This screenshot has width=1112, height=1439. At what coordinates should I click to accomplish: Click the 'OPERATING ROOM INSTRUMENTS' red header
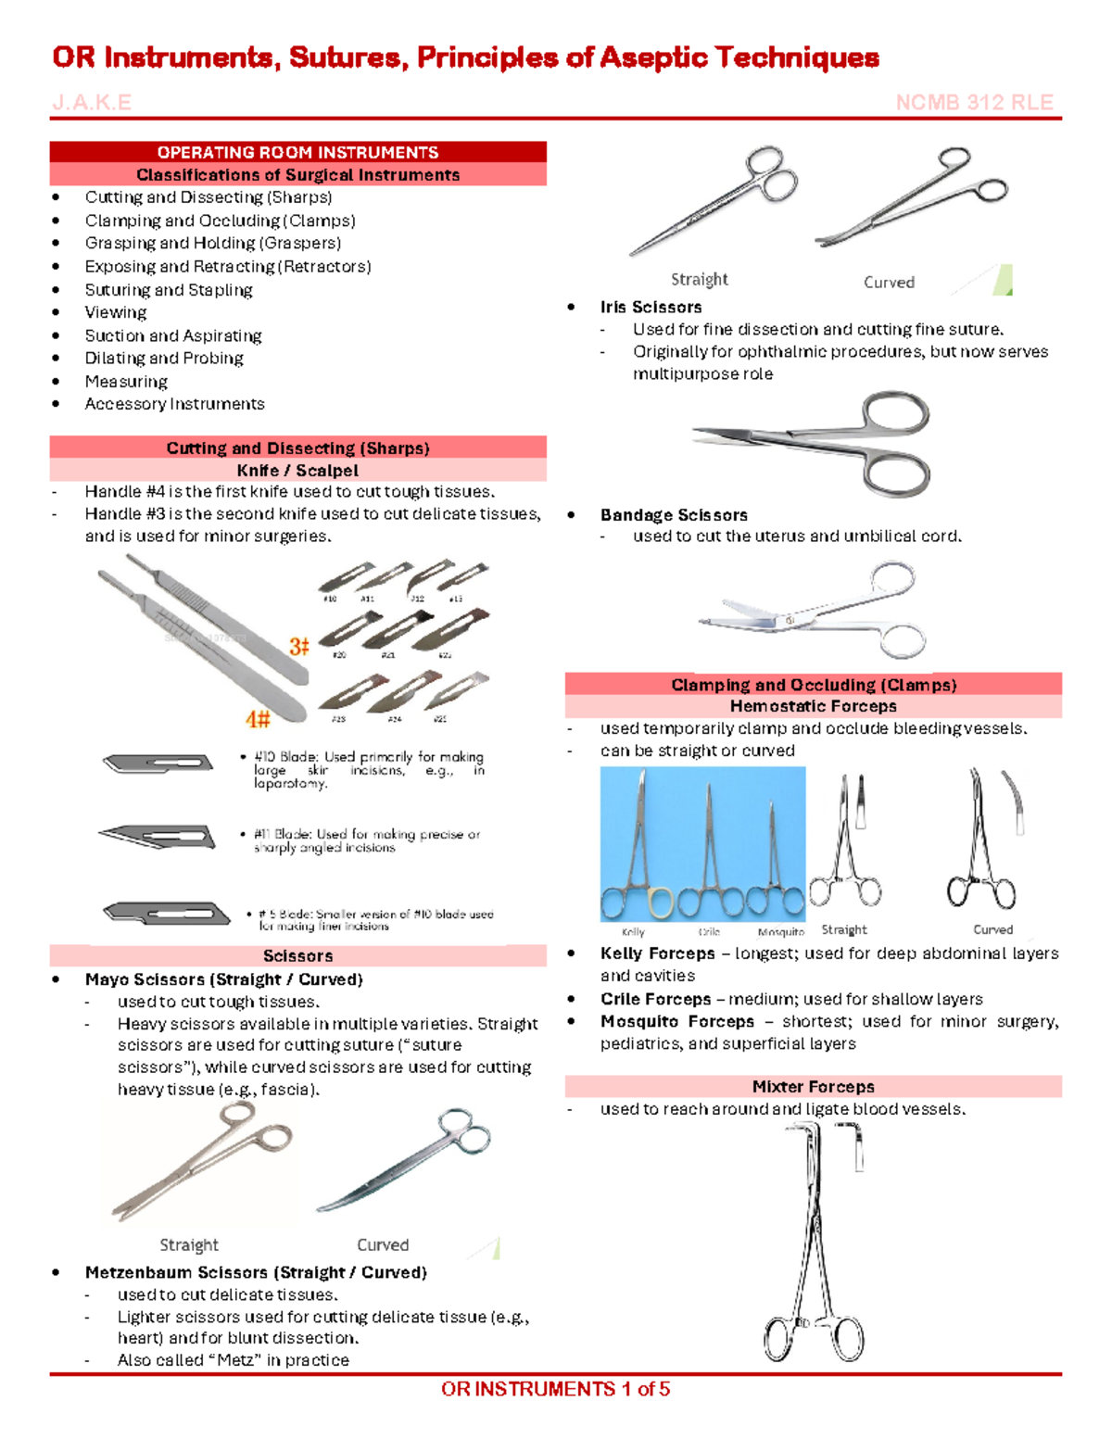[x=297, y=152]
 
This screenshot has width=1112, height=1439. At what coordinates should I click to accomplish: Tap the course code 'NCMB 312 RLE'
[x=974, y=103]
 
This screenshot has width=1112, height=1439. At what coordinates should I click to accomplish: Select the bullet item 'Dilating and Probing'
[x=164, y=359]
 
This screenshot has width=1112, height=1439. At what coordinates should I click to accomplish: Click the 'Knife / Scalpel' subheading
[x=297, y=471]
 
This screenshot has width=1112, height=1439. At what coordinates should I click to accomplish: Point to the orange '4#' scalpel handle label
[x=258, y=719]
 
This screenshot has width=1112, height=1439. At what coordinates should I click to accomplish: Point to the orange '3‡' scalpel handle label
[x=298, y=646]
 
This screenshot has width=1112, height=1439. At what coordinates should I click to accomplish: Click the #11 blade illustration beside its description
[x=158, y=837]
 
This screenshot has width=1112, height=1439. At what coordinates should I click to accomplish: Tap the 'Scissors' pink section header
[x=297, y=956]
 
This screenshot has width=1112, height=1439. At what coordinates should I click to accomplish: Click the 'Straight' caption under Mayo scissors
[x=189, y=1244]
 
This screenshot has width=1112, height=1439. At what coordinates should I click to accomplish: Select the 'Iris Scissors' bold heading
[x=651, y=307]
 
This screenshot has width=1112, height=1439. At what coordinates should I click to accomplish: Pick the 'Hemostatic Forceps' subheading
[x=813, y=706]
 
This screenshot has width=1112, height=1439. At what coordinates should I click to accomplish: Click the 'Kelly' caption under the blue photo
[x=633, y=932]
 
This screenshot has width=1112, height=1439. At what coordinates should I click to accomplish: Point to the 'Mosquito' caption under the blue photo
[x=780, y=932]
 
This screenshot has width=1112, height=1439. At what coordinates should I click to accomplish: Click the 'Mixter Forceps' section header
[x=813, y=1087]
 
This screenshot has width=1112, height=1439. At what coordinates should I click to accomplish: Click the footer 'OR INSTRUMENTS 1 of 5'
[x=555, y=1389]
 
